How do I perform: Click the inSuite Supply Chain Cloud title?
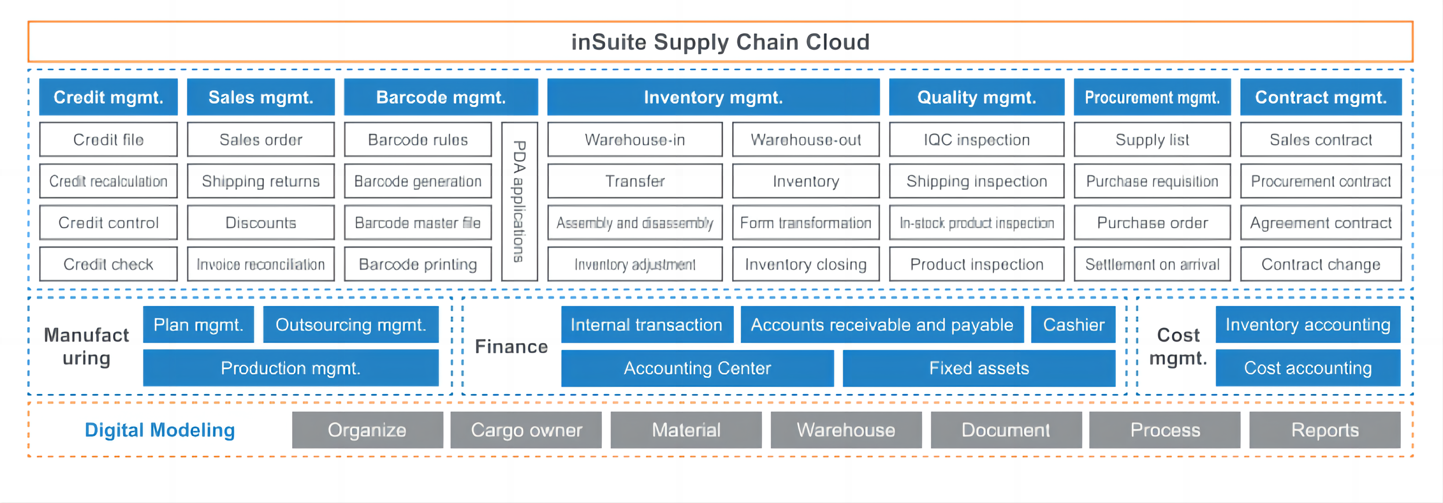click(720, 42)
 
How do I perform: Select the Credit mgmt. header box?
click(108, 98)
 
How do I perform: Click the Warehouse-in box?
click(635, 139)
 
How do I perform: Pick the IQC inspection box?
click(976, 139)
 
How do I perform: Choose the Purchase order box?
click(1152, 223)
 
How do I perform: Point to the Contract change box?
click(1320, 264)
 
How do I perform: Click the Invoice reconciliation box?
click(260, 264)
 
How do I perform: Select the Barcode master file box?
click(418, 223)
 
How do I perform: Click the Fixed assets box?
click(978, 368)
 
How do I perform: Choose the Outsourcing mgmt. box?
click(351, 325)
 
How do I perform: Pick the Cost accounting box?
click(1307, 368)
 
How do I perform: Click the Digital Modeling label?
click(160, 430)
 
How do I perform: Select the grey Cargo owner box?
click(526, 430)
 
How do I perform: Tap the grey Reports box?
click(1324, 430)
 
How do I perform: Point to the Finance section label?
click(511, 347)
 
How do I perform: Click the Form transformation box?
click(806, 223)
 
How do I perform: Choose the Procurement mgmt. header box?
click(1152, 98)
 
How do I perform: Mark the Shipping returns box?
click(260, 181)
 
